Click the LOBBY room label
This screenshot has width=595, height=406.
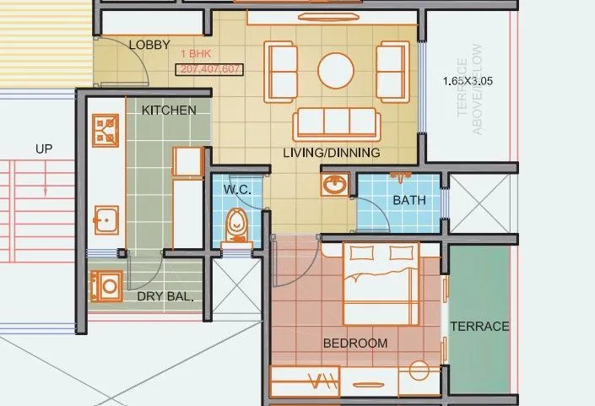point(149,45)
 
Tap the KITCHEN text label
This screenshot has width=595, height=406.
point(169,110)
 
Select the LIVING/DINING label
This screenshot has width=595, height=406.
point(331,153)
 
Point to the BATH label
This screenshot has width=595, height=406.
point(409,200)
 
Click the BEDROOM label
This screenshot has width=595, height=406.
point(355,343)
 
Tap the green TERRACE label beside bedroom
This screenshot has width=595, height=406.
point(479,326)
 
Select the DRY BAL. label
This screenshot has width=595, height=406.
point(165,296)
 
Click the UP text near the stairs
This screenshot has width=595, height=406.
point(44,149)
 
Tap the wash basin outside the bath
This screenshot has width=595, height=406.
point(334,183)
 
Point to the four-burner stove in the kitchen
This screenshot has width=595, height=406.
point(106,129)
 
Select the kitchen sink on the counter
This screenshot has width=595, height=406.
point(105,219)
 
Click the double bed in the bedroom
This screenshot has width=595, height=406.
point(381,283)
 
